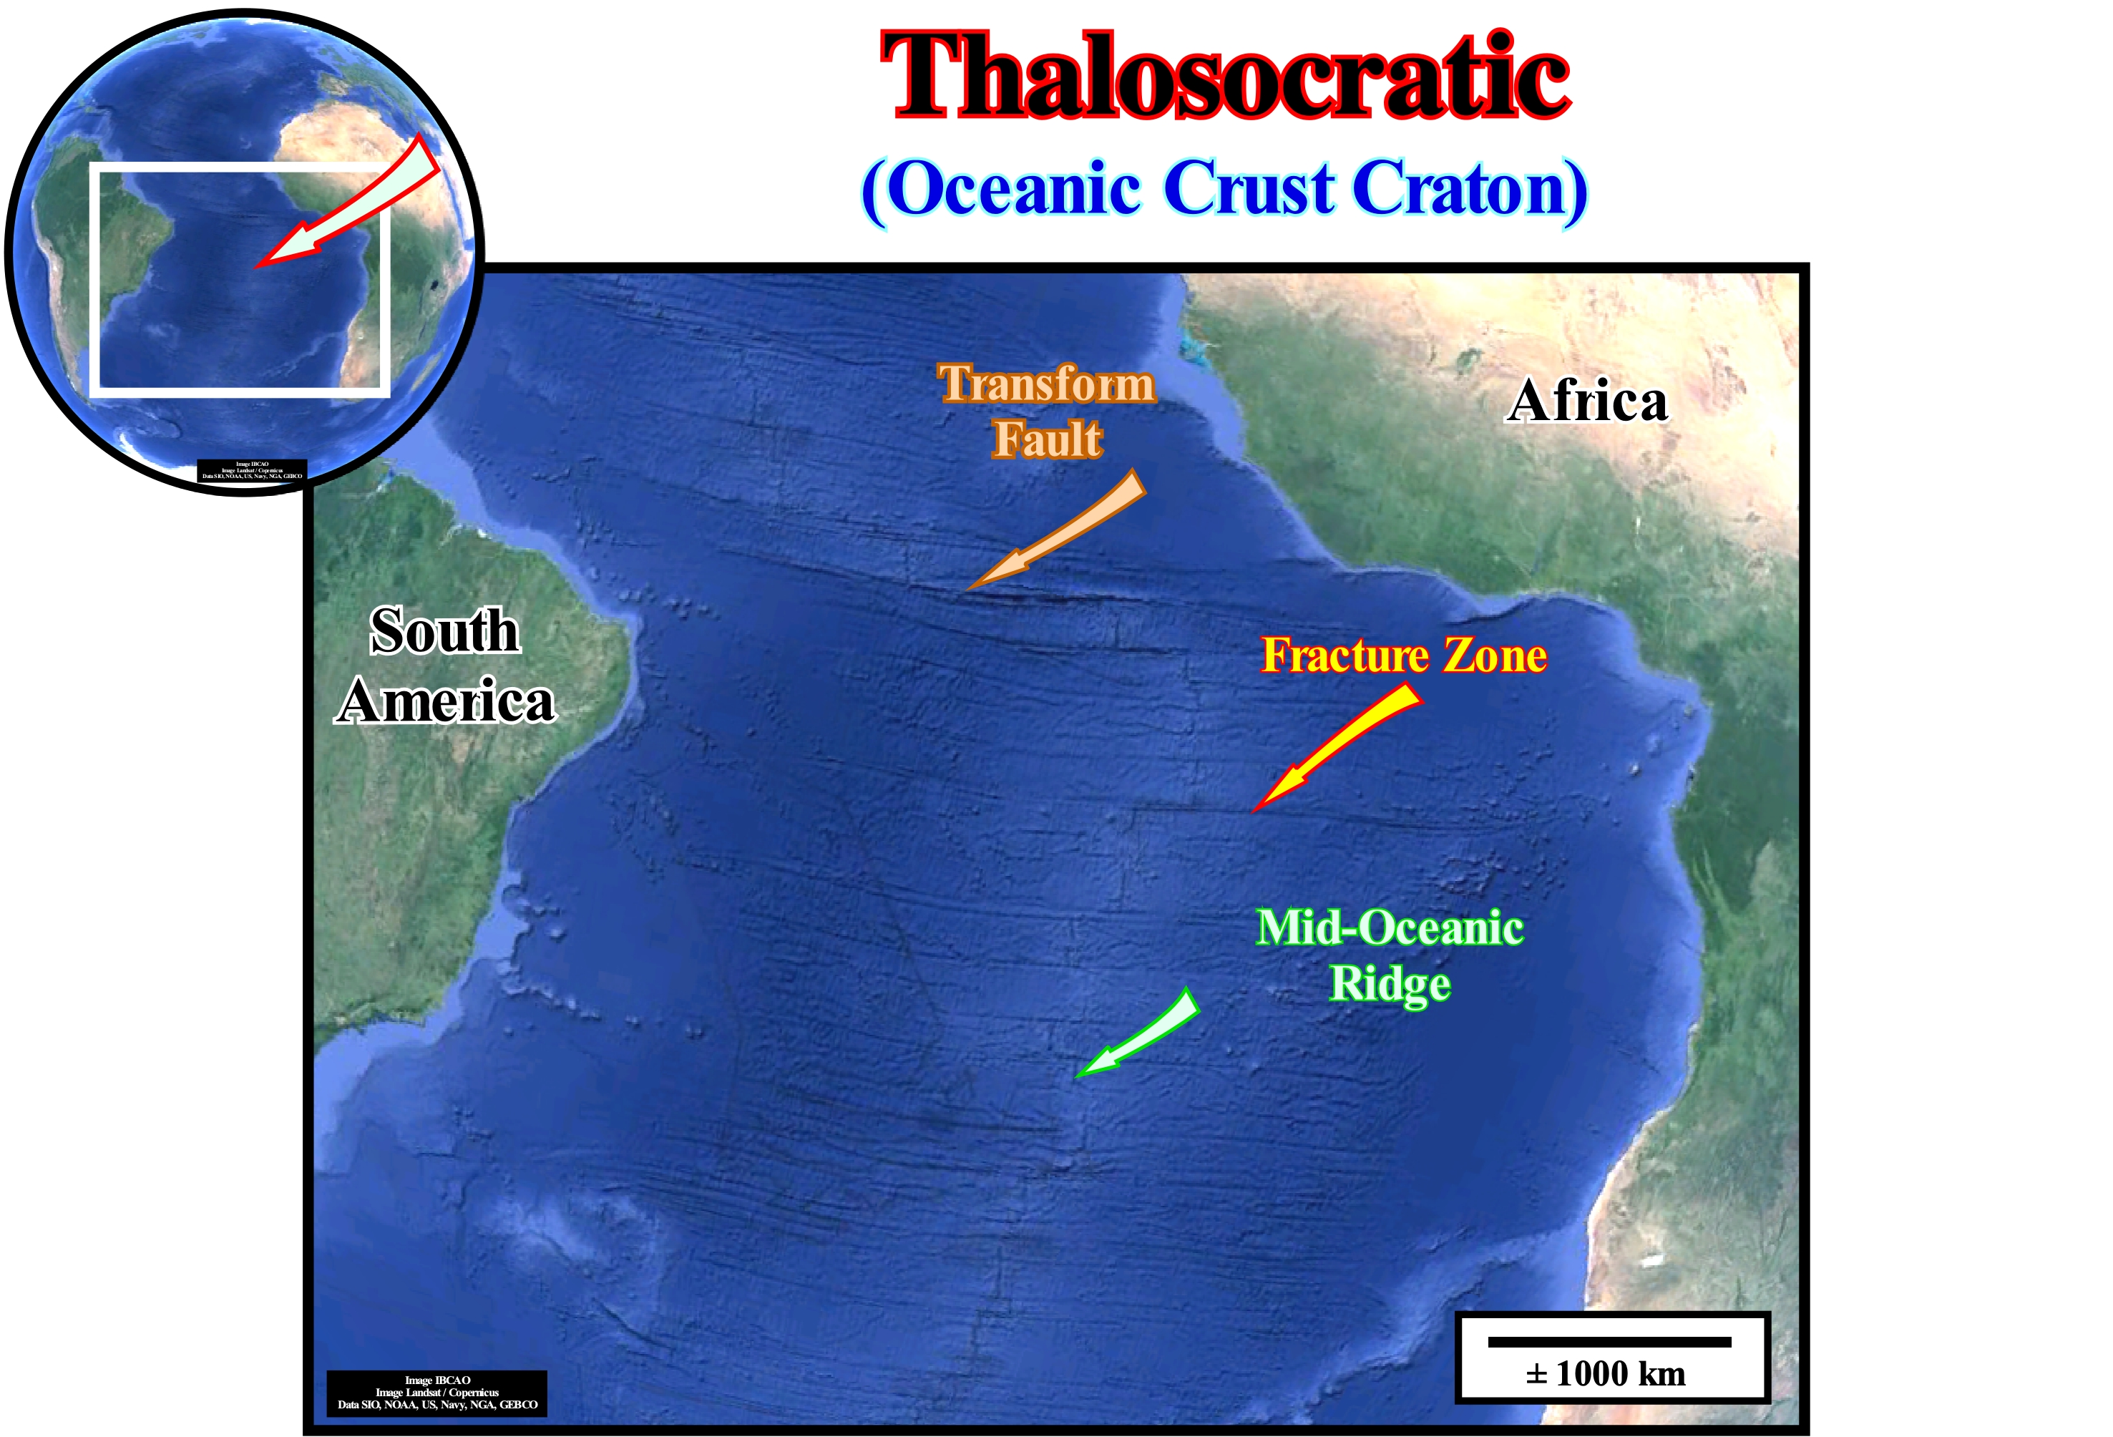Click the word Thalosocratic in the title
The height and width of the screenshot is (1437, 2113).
1225,77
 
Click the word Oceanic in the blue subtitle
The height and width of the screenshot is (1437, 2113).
1013,188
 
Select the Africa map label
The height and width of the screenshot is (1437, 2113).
1588,400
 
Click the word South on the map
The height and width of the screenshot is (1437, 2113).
444,630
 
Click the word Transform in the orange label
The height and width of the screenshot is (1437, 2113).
1047,383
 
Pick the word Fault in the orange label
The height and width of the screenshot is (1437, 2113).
1048,439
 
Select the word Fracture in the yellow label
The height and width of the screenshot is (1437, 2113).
1345,655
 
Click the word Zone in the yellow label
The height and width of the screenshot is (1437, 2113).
1495,655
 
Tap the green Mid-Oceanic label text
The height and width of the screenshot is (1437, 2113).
1390,927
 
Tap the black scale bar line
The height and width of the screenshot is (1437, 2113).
1609,1342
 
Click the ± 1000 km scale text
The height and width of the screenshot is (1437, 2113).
1606,1374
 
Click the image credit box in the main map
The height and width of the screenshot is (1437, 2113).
437,1393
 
